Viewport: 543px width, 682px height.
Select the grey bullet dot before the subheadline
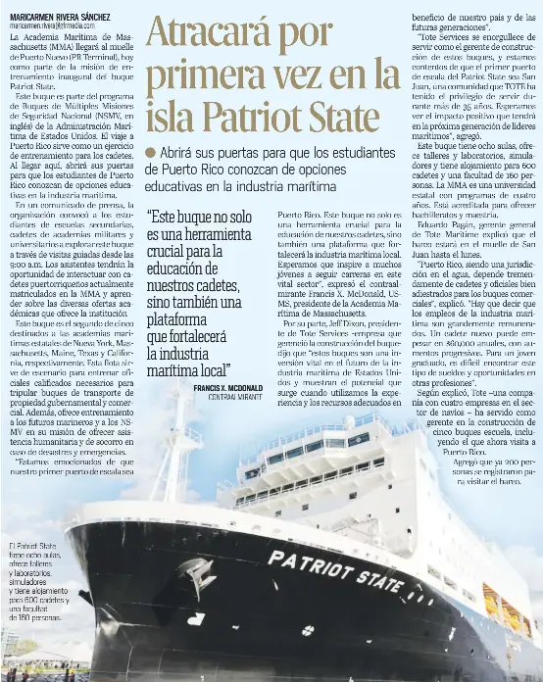150,151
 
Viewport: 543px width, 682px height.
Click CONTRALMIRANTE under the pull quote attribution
238,398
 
